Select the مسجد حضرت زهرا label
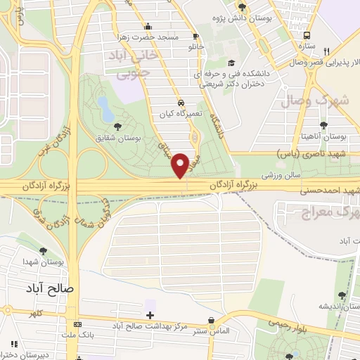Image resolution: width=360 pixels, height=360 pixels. point(156,37)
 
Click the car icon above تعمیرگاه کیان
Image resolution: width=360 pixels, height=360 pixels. point(181,101)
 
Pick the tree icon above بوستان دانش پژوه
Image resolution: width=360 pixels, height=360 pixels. point(242,6)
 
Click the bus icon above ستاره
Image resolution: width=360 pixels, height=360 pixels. point(307,34)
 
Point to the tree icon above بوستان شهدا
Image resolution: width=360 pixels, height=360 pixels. point(44,250)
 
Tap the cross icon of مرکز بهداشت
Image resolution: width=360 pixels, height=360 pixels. point(149,314)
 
